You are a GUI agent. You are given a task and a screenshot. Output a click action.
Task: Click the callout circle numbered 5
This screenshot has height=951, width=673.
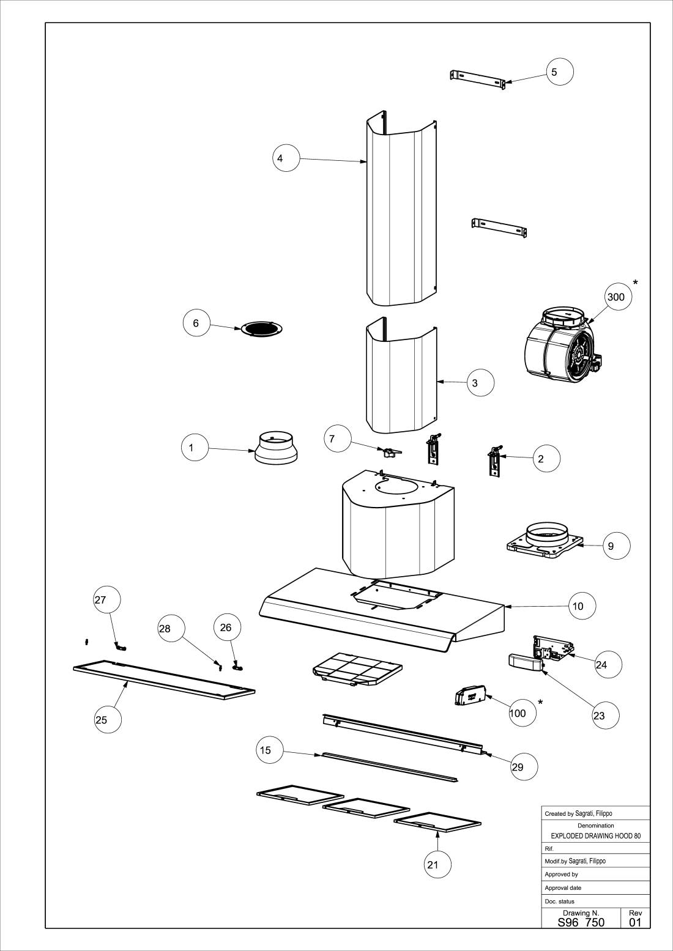(x=560, y=72)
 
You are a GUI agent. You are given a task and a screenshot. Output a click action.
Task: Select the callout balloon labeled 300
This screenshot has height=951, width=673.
(x=618, y=297)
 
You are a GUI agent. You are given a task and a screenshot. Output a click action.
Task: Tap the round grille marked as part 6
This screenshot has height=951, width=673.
(x=262, y=329)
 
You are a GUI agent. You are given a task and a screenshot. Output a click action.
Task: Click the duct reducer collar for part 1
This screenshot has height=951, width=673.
(x=276, y=448)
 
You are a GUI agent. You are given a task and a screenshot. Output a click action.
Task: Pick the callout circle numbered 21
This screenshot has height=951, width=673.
(x=437, y=864)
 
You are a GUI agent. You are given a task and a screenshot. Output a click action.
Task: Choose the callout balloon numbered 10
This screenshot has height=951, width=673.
(x=582, y=606)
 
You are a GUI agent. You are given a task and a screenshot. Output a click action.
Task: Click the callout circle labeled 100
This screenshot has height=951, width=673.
(x=522, y=713)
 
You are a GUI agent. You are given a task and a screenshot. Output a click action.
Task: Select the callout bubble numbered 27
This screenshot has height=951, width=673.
(x=107, y=599)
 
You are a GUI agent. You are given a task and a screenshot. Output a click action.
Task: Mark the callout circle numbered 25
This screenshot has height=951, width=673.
(x=108, y=719)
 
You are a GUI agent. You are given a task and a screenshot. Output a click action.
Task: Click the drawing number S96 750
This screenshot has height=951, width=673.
(x=581, y=922)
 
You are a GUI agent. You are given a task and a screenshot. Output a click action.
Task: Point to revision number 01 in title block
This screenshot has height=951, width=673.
(x=635, y=922)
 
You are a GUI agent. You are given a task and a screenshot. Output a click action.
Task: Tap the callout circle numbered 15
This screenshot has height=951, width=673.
(x=270, y=750)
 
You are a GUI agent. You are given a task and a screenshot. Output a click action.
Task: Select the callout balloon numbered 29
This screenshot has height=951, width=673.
(x=524, y=766)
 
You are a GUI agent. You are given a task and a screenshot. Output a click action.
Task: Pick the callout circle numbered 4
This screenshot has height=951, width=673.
(x=286, y=158)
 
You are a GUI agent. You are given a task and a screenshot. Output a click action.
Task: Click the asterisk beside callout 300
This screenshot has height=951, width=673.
(x=635, y=283)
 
